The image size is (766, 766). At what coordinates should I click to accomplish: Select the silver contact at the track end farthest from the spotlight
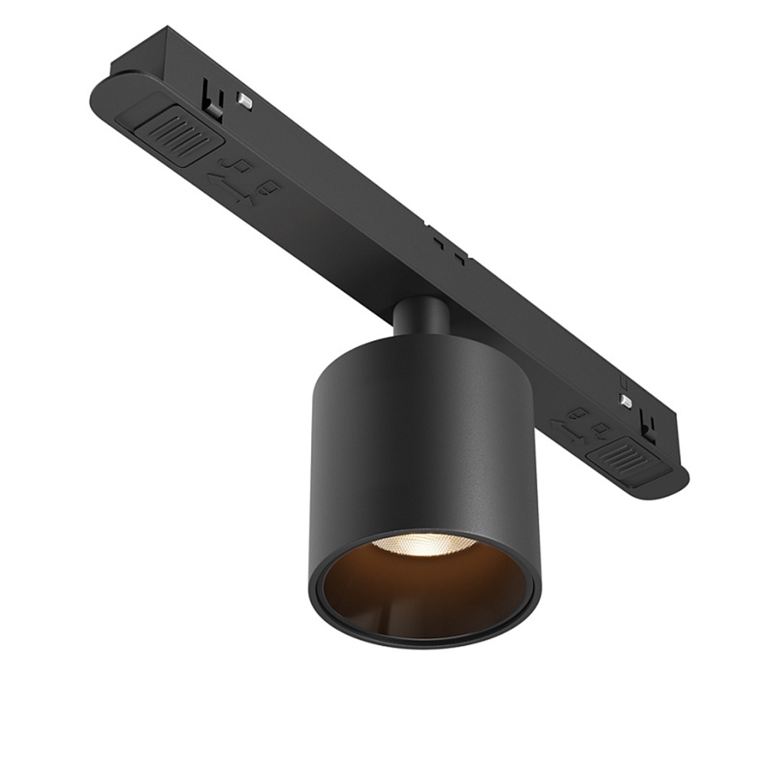tap(245, 100)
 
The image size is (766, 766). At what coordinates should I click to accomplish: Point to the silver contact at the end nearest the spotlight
tap(626, 401)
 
